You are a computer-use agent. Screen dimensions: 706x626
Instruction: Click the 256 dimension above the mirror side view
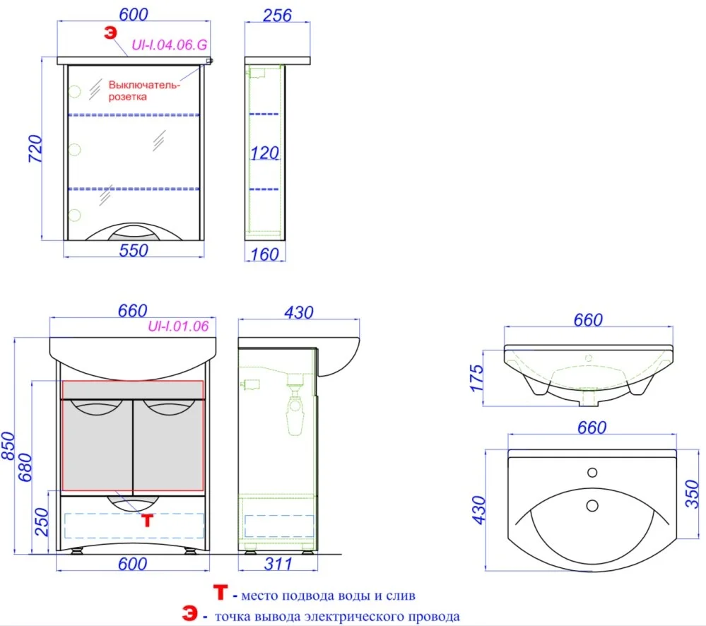pyautogui.click(x=277, y=16)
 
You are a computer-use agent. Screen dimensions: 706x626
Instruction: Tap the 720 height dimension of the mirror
pyautogui.click(x=35, y=148)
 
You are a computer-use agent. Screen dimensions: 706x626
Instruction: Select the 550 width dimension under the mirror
pyautogui.click(x=134, y=250)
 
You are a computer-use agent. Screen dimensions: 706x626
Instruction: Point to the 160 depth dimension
pyautogui.click(x=265, y=255)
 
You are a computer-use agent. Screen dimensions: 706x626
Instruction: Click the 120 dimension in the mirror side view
pyautogui.click(x=265, y=153)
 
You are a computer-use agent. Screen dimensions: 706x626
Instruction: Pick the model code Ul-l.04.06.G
pyautogui.click(x=170, y=45)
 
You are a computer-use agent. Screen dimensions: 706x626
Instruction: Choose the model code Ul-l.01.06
pyautogui.click(x=178, y=326)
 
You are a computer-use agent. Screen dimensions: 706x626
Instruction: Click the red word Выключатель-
pyautogui.click(x=144, y=85)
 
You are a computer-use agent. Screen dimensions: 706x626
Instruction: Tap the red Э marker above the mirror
pyautogui.click(x=110, y=33)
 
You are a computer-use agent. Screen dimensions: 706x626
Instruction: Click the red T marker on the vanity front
pyautogui.click(x=147, y=520)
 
